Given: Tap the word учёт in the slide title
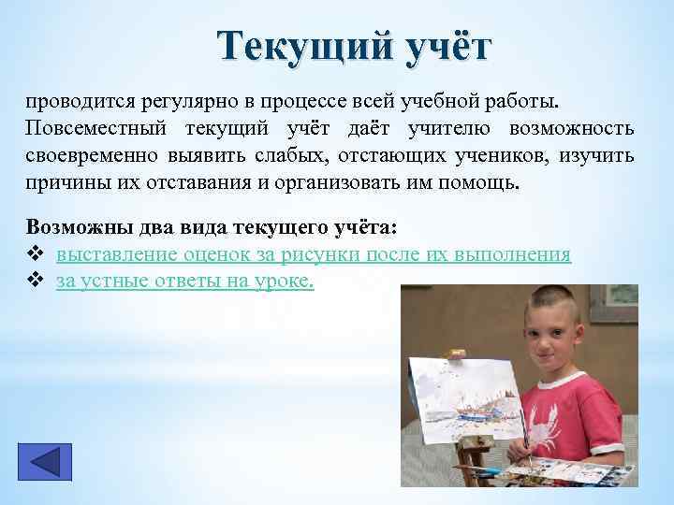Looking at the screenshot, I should click(x=438, y=47).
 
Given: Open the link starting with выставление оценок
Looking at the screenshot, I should click(x=314, y=254).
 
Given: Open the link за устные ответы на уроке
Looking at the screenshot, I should click(x=185, y=281).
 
